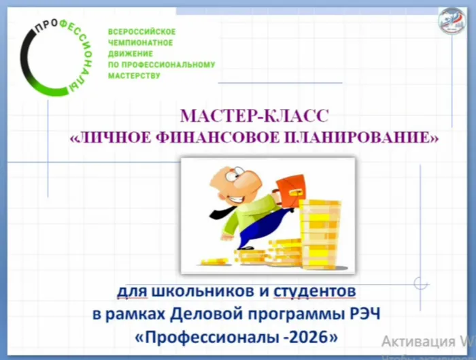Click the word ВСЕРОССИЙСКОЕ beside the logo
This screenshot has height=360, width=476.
click(x=142, y=32)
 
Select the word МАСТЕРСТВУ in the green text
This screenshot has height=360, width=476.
click(x=135, y=76)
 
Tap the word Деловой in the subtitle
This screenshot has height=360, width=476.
click(x=194, y=314)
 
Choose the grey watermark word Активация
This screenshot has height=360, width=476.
click(x=416, y=341)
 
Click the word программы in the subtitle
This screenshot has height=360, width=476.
click(x=288, y=315)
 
